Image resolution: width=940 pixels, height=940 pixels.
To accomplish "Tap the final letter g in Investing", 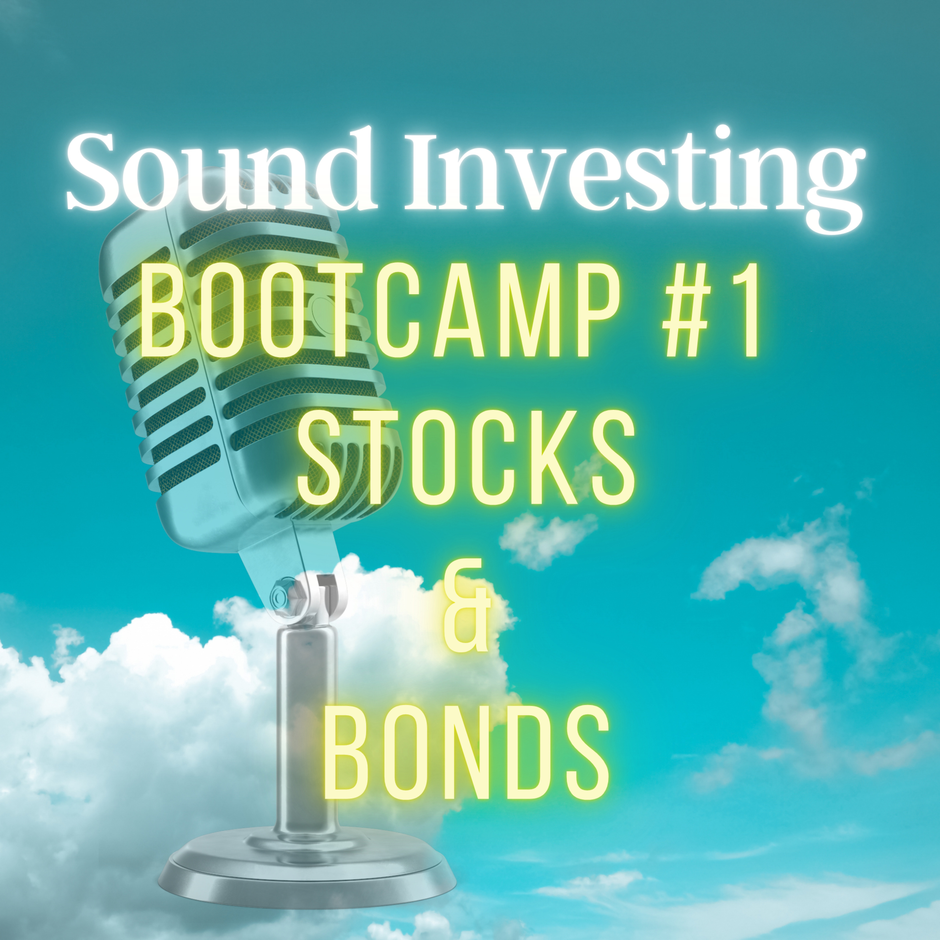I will tap(832, 185).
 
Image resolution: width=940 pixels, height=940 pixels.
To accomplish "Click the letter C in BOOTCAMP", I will tap(399, 311).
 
